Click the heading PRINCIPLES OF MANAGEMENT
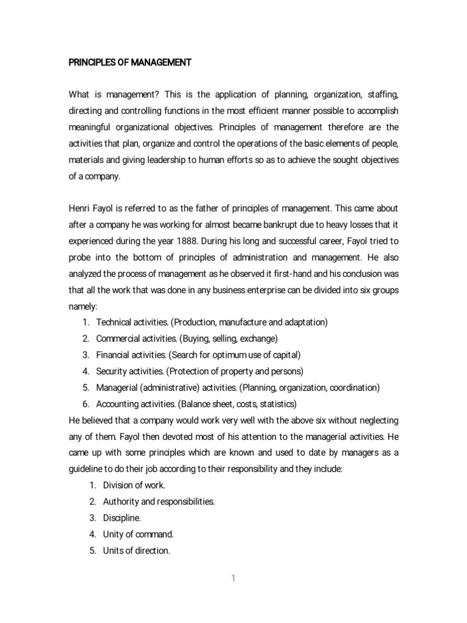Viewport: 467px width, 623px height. pos(130,63)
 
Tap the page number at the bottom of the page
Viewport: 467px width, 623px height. pos(233,579)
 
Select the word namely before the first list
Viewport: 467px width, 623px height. pos(85,307)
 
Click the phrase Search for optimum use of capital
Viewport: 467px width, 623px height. pos(234,354)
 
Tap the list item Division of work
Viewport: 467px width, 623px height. pos(134,486)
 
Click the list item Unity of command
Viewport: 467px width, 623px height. pos(139,534)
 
